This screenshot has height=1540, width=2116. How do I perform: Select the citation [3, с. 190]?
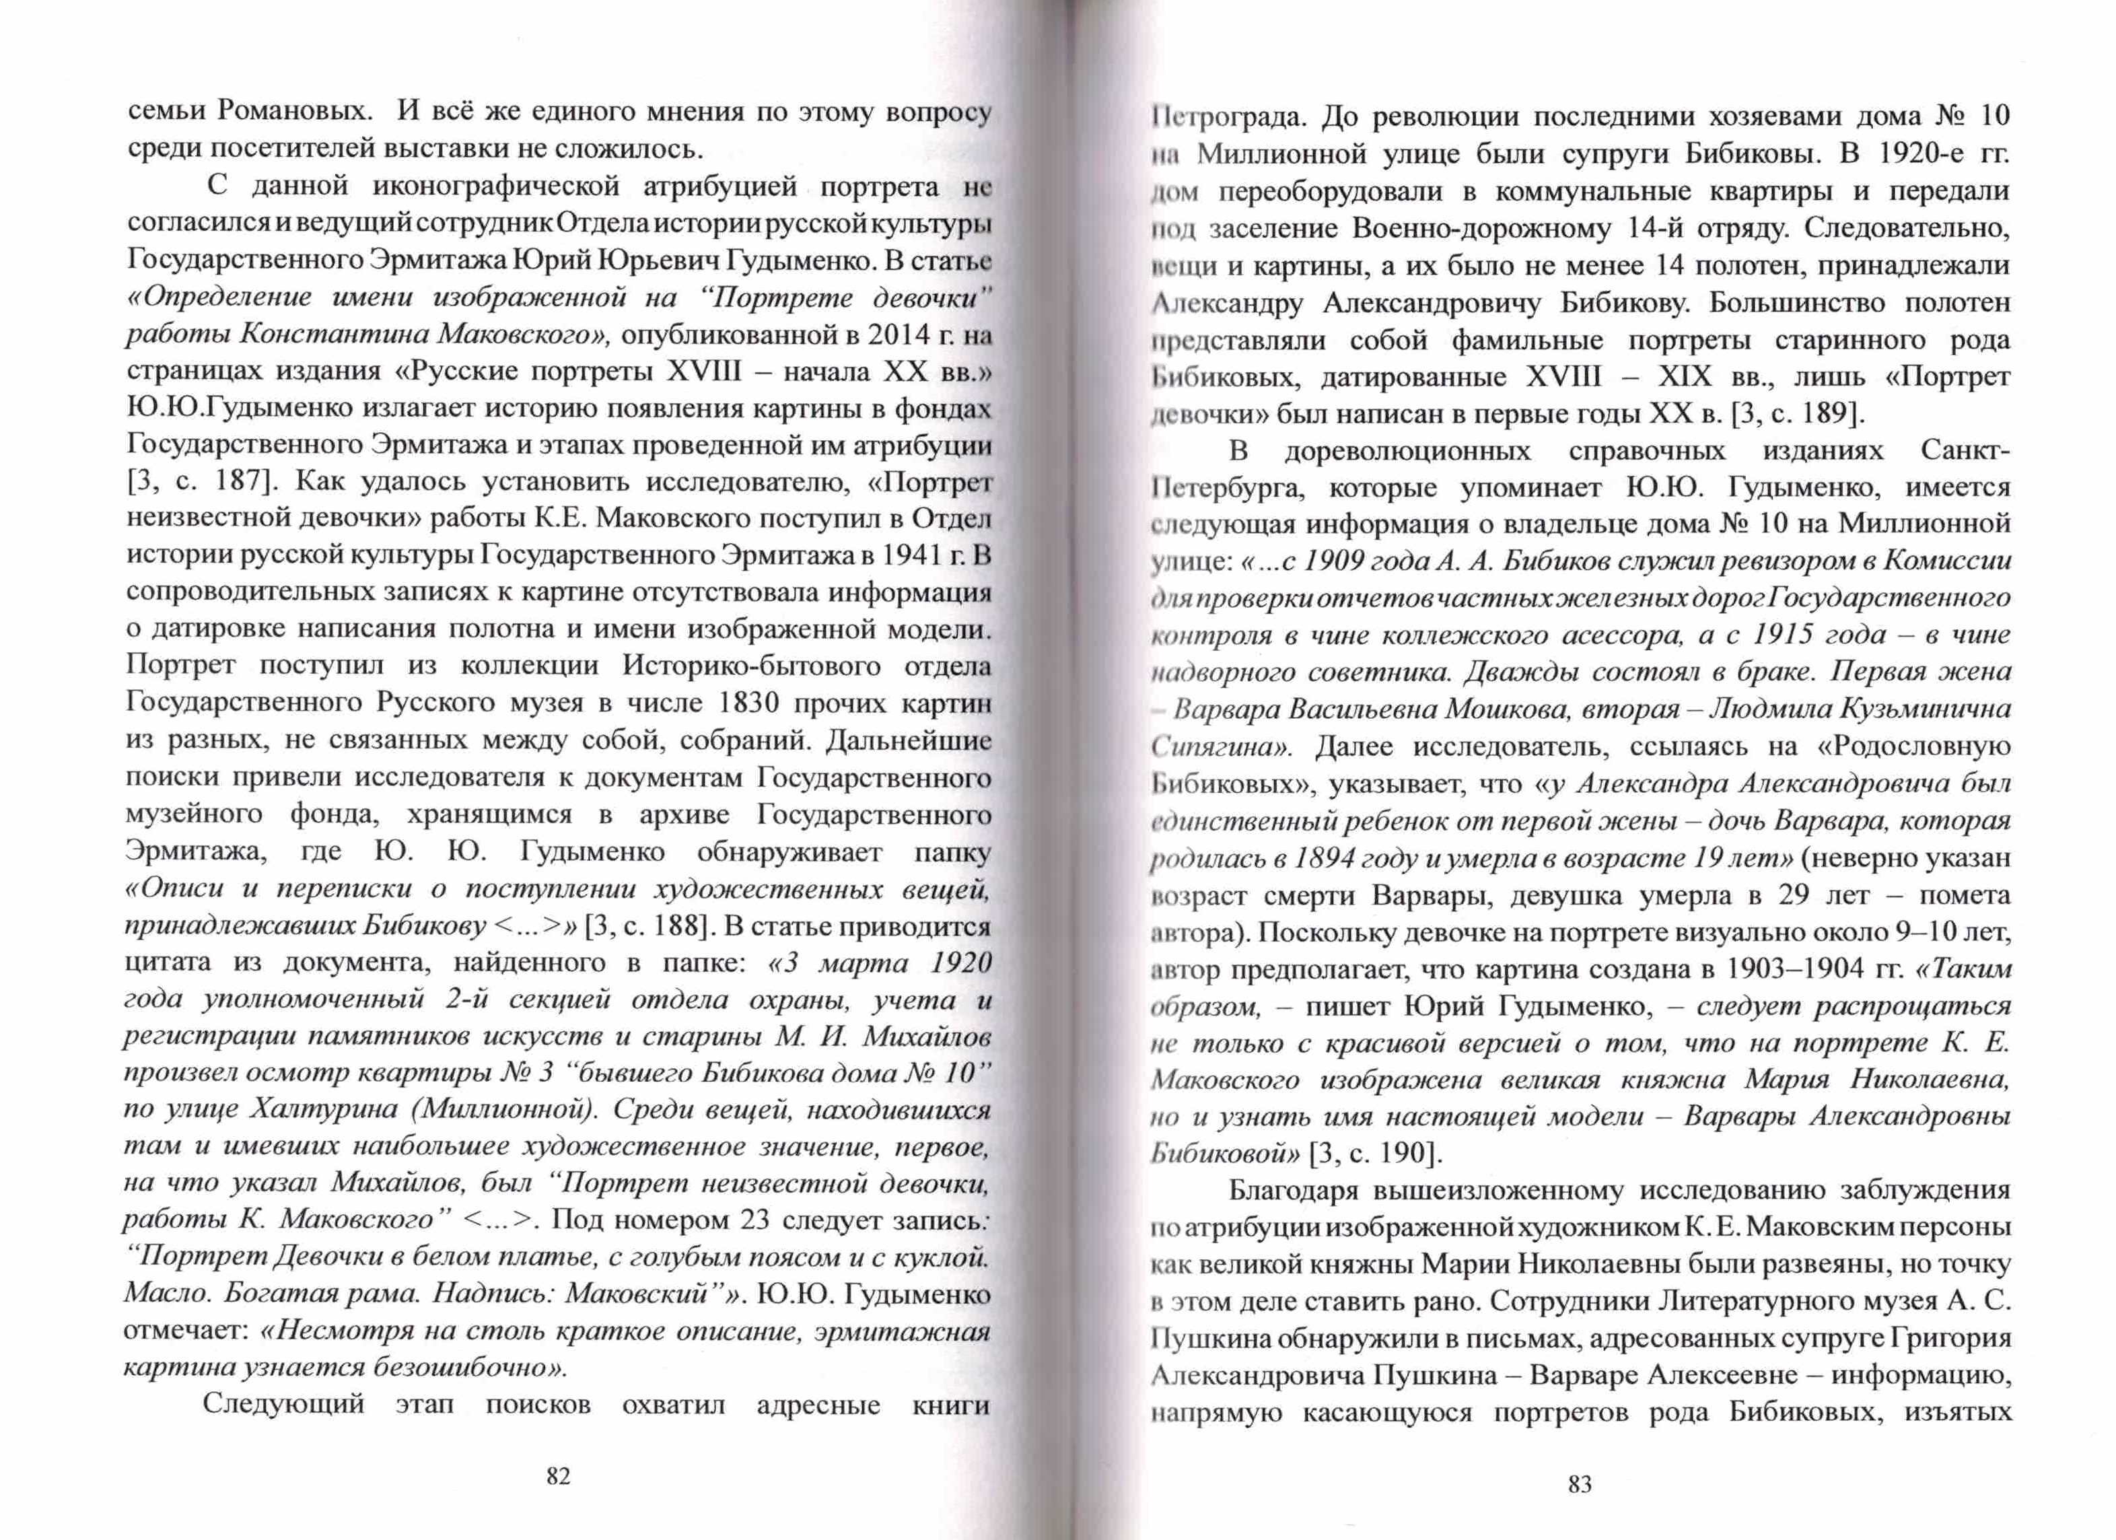click(1376, 1153)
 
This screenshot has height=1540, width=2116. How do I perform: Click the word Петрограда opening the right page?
click(1220, 116)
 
